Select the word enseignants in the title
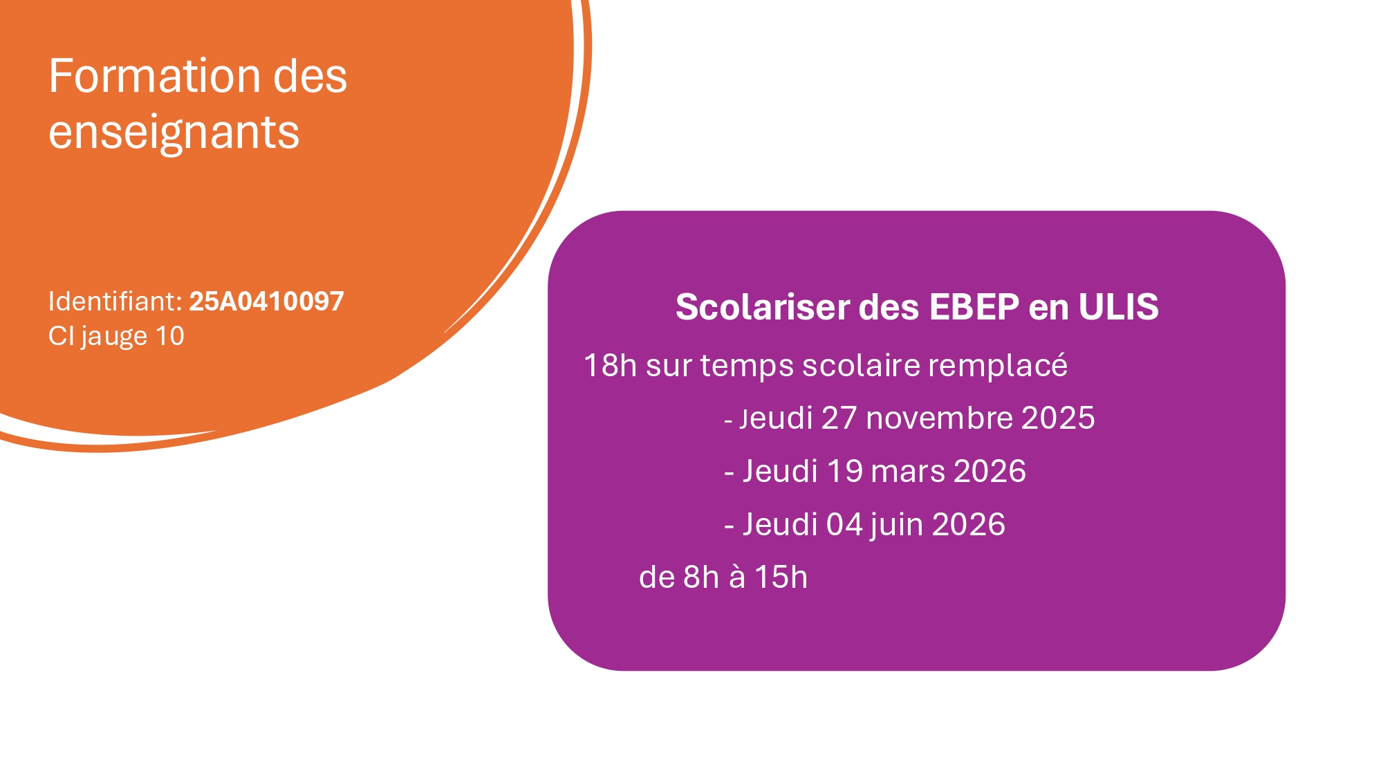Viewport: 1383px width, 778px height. click(174, 133)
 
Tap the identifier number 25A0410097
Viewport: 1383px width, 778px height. click(266, 302)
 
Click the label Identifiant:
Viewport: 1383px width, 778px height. click(115, 302)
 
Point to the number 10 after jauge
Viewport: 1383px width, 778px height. click(169, 336)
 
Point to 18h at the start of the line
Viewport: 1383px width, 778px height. click(610, 365)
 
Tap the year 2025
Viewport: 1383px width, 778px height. click(1058, 418)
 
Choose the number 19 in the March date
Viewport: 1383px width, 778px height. click(844, 472)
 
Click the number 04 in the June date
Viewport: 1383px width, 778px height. click(844, 525)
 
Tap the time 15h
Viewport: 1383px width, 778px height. click(781, 577)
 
